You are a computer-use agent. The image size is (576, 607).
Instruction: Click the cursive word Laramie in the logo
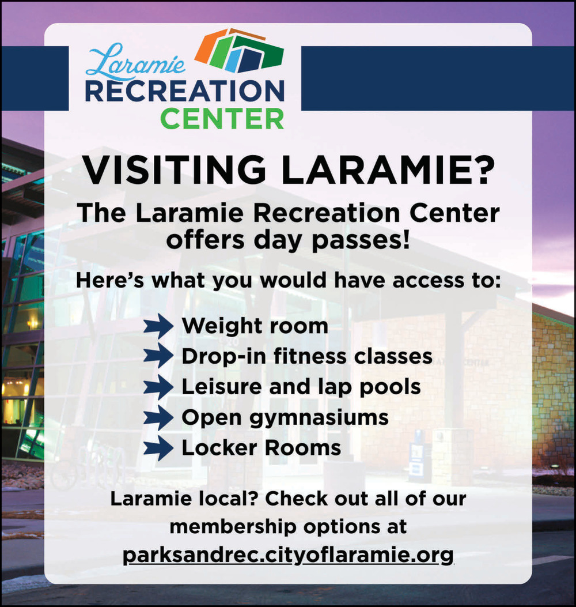coord(135,61)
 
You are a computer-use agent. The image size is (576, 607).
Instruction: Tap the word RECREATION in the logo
coord(185,91)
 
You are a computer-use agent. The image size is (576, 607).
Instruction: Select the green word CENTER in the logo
coord(222,118)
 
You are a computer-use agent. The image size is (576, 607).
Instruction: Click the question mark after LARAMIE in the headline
coord(483,169)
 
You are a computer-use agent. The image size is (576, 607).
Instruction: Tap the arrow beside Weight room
coord(158,326)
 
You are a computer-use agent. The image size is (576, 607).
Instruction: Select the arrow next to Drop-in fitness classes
coord(158,356)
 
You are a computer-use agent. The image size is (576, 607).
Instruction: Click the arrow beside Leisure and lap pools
coord(158,387)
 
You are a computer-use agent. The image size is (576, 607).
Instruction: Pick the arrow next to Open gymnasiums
coord(158,417)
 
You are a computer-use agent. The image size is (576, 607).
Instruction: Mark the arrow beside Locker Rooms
coord(158,448)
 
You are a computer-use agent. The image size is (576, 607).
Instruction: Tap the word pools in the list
coord(390,388)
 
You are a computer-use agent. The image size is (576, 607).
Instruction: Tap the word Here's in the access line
coord(110,280)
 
